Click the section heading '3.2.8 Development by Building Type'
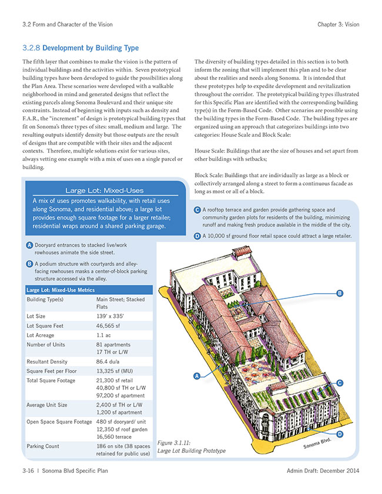pyautogui.click(x=80, y=48)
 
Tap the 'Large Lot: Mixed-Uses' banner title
pyautogui.click(x=104, y=190)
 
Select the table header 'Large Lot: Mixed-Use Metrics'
pyautogui.click(x=61, y=290)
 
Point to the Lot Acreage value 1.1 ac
pyautogui.click(x=105, y=335)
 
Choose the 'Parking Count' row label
pyautogui.click(x=43, y=446)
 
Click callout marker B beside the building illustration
pyautogui.click(x=339, y=293)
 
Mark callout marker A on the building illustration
pyautogui.click(x=197, y=375)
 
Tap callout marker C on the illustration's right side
pyautogui.click(x=340, y=383)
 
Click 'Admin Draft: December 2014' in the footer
pyautogui.click(x=323, y=472)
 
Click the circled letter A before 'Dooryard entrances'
pyautogui.click(x=29, y=244)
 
